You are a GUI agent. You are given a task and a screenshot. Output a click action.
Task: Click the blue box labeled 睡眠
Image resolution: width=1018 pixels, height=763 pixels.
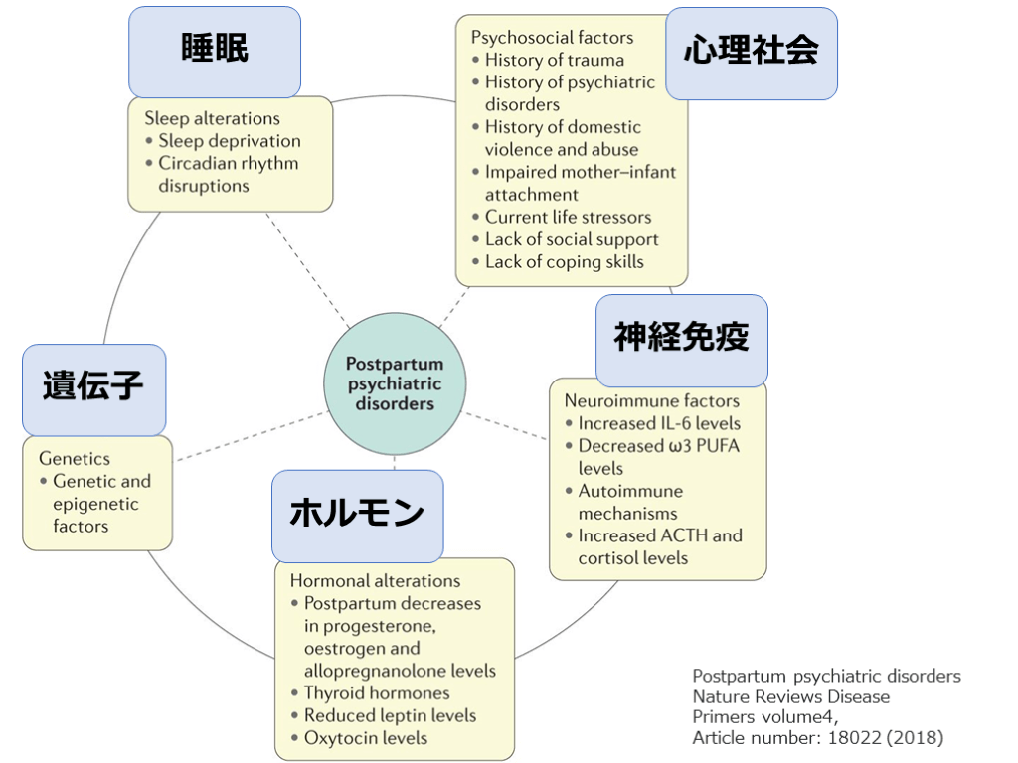(x=214, y=51)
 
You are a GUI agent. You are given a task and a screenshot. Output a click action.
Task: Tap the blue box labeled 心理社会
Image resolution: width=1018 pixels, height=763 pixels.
(x=751, y=53)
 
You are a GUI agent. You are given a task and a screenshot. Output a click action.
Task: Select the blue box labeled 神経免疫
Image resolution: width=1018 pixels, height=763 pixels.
(x=681, y=339)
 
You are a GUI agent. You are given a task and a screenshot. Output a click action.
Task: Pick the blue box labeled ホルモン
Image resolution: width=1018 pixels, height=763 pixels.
(x=357, y=515)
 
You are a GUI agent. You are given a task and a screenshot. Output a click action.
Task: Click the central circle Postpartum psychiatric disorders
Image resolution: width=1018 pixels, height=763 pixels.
(x=395, y=384)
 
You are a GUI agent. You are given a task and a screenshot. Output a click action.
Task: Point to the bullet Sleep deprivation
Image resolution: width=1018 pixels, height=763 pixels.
(x=229, y=141)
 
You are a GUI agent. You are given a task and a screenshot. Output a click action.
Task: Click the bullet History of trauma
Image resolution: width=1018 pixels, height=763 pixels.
(x=554, y=60)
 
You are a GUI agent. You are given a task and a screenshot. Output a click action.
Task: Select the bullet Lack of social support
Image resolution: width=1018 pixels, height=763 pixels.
(x=571, y=239)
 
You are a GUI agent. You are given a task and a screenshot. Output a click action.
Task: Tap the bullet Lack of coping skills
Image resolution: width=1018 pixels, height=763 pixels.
(x=564, y=262)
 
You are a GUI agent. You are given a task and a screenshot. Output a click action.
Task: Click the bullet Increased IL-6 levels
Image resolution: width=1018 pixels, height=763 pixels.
(x=658, y=423)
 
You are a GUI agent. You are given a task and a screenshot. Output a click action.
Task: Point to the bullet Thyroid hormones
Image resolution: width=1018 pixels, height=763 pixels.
(x=376, y=693)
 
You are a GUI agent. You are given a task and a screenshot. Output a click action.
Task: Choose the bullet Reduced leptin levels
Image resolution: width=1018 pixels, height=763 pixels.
(x=389, y=715)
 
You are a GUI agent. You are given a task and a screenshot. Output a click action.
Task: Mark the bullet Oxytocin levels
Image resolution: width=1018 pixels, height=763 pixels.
(x=365, y=738)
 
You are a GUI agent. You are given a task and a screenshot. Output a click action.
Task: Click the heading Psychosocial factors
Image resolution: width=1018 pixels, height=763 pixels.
(x=552, y=38)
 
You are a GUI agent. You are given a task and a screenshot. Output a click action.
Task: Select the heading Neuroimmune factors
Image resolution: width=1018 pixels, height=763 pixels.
(x=651, y=401)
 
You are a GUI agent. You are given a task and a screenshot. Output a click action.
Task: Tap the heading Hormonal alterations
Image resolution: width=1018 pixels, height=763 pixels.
(x=375, y=581)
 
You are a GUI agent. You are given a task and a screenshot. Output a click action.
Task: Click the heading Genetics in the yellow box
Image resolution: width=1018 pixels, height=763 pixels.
(x=75, y=459)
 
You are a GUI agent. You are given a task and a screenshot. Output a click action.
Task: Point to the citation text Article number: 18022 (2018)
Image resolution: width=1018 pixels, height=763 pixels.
(x=817, y=738)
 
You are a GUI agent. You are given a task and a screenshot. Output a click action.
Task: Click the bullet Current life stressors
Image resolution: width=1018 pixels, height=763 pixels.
(x=568, y=217)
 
